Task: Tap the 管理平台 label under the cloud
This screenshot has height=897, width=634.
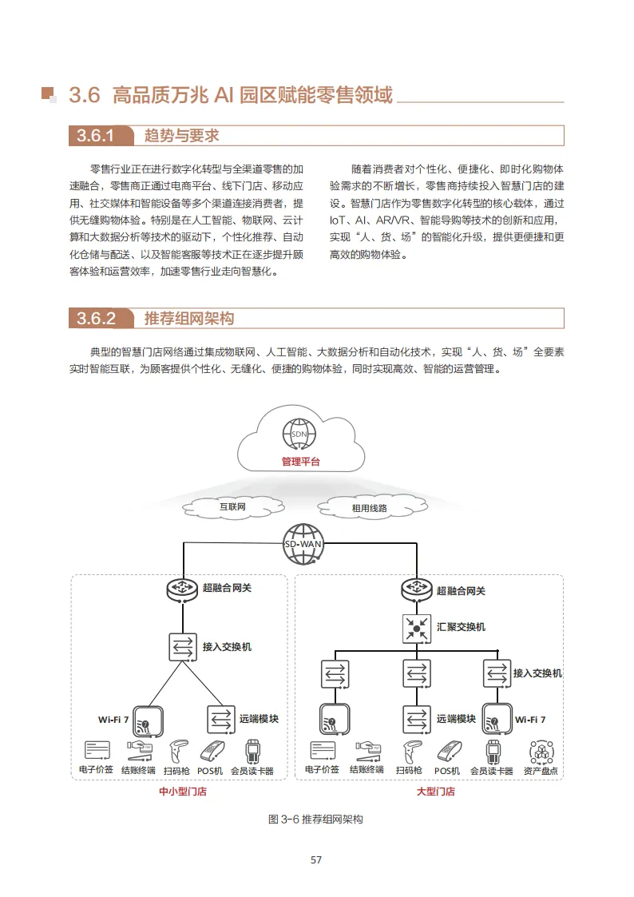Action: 300,462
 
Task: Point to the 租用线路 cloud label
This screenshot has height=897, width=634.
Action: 369,507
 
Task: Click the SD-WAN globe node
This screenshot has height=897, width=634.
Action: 300,543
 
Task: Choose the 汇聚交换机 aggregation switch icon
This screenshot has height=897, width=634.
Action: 415,627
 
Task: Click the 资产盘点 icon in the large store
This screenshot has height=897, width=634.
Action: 541,752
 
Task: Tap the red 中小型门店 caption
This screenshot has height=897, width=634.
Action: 184,792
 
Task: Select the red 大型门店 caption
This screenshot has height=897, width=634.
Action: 436,792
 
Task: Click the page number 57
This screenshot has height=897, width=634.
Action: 316,860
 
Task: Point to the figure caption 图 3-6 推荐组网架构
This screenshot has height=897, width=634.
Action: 316,820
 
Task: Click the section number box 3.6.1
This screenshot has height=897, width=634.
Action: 97,136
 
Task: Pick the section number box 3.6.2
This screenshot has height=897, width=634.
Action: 97,319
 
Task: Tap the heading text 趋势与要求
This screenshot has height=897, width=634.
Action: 182,136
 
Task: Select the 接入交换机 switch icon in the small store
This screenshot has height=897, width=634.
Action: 183,646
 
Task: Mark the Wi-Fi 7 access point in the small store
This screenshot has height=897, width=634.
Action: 148,720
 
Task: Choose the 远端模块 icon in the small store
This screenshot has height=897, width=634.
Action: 220,719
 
